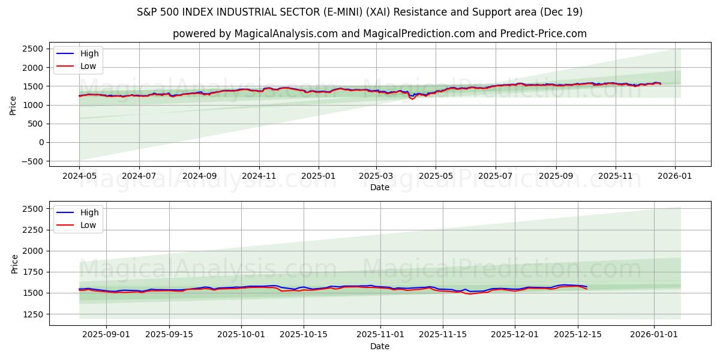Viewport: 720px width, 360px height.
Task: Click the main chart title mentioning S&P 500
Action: [359, 12]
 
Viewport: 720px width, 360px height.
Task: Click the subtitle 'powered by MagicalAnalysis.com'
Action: [379, 34]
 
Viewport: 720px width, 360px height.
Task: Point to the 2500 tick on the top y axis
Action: [33, 49]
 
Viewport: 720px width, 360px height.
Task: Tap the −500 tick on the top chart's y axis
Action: [31, 161]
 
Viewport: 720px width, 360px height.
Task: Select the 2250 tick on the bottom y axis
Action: [33, 230]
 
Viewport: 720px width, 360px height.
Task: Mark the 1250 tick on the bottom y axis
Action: [33, 314]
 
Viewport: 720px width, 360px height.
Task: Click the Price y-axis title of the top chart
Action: [13, 105]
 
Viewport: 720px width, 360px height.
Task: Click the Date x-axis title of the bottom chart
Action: [379, 347]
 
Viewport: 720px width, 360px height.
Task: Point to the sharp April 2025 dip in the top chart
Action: [412, 98]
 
